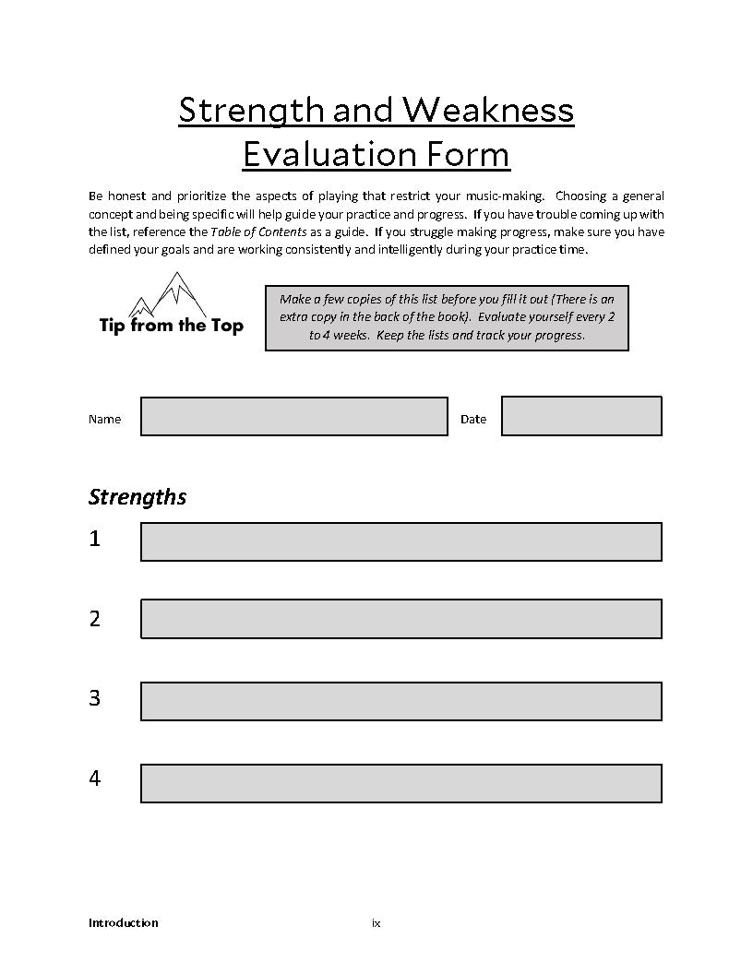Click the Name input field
pyautogui.click(x=293, y=416)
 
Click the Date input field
pyautogui.click(x=581, y=416)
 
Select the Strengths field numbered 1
pyautogui.click(x=400, y=541)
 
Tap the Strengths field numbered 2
pyautogui.click(x=400, y=619)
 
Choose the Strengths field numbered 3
pyautogui.click(x=400, y=701)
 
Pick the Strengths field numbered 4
pyautogui.click(x=400, y=783)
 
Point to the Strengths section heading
pyautogui.click(x=137, y=497)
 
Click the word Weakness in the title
pyautogui.click(x=488, y=111)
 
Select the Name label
pyautogui.click(x=104, y=420)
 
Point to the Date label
pyautogui.click(x=472, y=420)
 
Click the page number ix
pyautogui.click(x=376, y=923)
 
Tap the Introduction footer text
pyautogui.click(x=123, y=923)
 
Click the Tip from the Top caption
pyautogui.click(x=171, y=326)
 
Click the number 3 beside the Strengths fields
pyautogui.click(x=94, y=699)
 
